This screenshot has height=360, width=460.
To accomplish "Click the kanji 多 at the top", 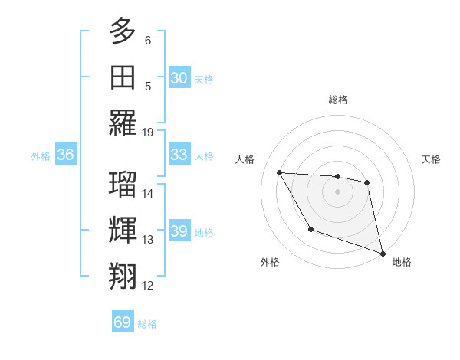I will tap(123, 33).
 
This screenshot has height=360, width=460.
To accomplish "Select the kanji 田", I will tap(123, 77).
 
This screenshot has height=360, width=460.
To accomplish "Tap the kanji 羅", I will tap(123, 123).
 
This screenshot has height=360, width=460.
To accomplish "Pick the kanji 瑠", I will tap(123, 183).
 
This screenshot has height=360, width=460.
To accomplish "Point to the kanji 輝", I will tap(123, 230).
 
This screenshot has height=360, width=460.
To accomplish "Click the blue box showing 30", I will tap(179, 77).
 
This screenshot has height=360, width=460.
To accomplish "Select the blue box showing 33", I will tap(179, 155).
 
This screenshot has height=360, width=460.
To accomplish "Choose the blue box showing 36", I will tap(65, 155).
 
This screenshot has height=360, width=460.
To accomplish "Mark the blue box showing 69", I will tap(123, 322).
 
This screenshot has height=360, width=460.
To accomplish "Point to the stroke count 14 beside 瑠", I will tap(148, 193).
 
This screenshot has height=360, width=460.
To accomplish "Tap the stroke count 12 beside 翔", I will tap(148, 286).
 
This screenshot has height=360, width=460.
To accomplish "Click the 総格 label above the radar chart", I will tap(337, 100).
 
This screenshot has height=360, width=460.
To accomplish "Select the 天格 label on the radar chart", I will tap(431, 159).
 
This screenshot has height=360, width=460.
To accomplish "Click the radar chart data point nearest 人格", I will tap(279, 172).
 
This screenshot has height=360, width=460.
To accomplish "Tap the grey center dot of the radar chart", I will tap(337, 191).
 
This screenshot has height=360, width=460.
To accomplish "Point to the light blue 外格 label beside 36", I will tap(41, 155).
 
